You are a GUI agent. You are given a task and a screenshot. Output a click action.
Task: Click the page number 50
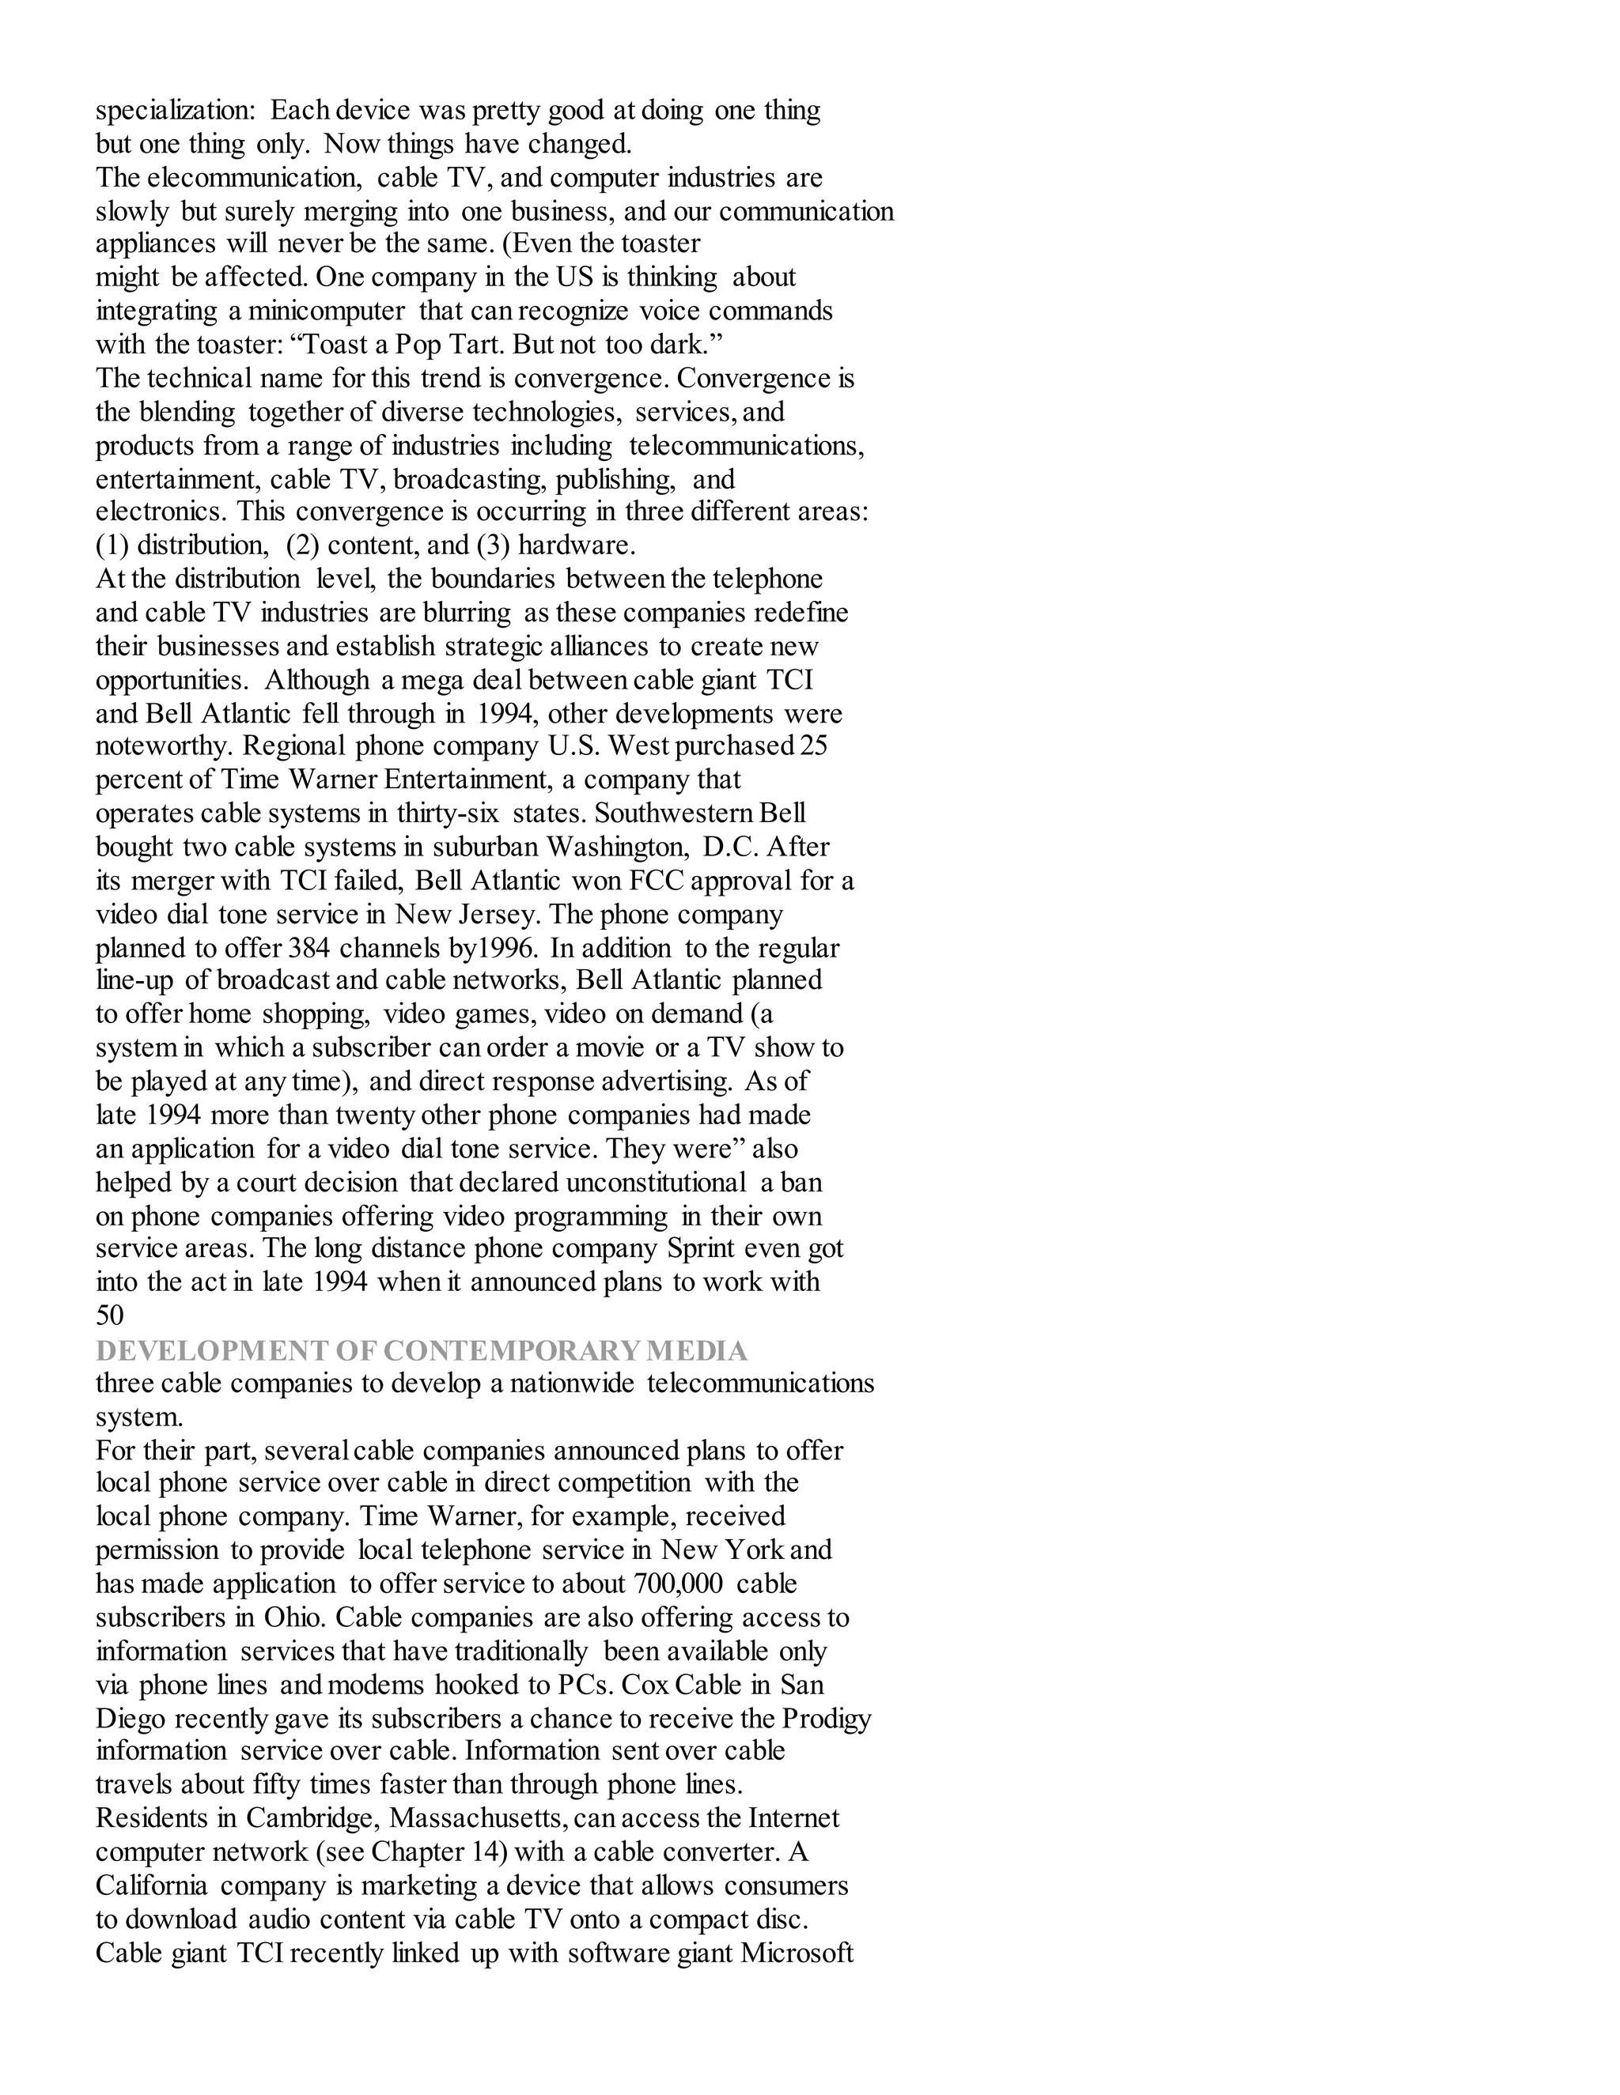tap(109, 1316)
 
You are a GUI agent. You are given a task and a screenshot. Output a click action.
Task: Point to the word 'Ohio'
tap(296, 1617)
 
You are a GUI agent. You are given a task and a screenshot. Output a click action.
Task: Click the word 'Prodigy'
tap(827, 1718)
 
